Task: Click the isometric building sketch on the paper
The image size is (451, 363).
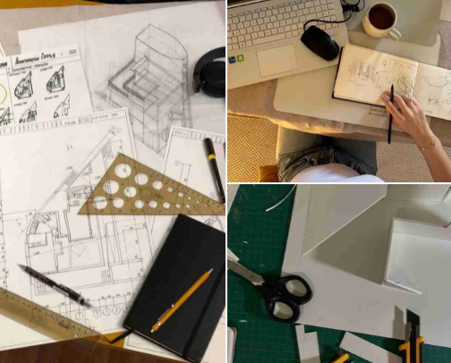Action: coord(148,76)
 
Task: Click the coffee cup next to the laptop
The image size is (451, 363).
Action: coord(380,18)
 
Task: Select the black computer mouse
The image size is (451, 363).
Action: coord(319,41)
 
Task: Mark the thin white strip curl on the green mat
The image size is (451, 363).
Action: coord(280,198)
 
